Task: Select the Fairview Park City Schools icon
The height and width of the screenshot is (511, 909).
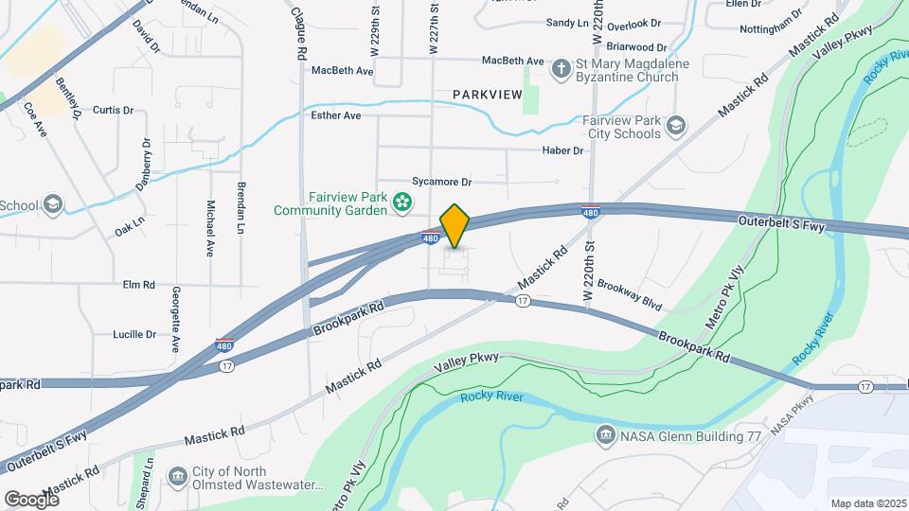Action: click(675, 125)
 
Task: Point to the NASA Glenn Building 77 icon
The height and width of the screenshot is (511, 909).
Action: click(604, 435)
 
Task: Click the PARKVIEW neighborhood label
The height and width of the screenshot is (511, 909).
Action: click(487, 94)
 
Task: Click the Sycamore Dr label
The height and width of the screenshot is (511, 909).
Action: click(441, 181)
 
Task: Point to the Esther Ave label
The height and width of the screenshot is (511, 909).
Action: click(336, 115)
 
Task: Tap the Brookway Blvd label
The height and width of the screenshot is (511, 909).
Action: click(629, 293)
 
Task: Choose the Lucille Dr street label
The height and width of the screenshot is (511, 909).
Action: click(134, 334)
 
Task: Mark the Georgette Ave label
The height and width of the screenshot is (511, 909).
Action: click(175, 321)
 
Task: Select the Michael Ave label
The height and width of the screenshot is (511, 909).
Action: click(209, 228)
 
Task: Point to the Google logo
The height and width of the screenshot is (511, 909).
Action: click(31, 499)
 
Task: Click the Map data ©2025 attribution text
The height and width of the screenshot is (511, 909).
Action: click(868, 503)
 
